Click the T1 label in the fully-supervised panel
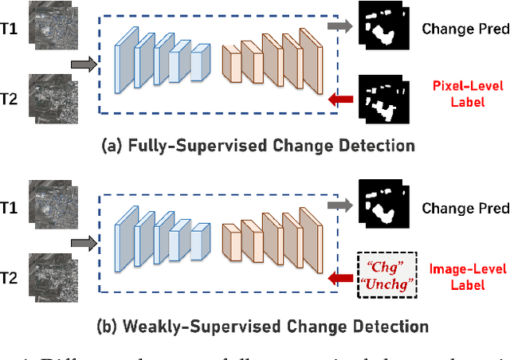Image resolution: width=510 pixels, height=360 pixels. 10,28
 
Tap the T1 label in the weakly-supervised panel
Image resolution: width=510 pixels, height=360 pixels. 10,207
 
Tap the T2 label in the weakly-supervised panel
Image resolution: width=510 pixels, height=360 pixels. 10,278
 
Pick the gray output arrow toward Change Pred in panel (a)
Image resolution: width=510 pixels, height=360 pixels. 338,26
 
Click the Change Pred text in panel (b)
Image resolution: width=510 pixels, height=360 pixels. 465,209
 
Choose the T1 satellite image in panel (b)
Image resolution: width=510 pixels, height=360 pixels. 50,204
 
